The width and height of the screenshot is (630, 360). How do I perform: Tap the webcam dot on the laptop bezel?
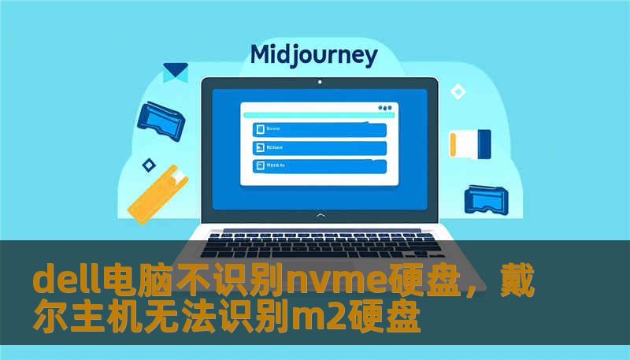[x=319, y=81]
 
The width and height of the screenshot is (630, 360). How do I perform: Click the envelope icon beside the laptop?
[x=175, y=73]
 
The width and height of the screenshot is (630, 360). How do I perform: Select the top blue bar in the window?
[x=318, y=129]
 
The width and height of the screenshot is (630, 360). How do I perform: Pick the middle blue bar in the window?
[x=318, y=147]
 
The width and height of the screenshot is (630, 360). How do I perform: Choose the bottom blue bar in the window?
[x=318, y=166]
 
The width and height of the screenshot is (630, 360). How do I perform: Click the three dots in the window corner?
[x=384, y=108]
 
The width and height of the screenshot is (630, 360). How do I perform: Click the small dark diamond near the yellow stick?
[x=148, y=165]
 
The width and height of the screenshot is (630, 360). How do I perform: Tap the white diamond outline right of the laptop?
[x=458, y=92]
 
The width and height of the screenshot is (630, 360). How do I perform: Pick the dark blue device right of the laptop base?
[x=488, y=199]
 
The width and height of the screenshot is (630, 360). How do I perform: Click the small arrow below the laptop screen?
[x=319, y=214]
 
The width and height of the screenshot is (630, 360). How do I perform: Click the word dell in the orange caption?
[x=61, y=280]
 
